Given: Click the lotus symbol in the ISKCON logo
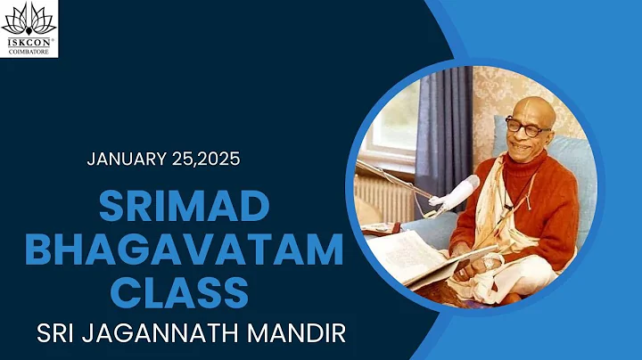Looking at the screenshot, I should tap(29, 19).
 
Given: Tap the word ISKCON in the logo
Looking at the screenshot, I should tap(29, 40).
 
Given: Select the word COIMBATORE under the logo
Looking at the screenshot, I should tap(29, 49).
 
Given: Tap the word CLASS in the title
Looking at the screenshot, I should tap(184, 291).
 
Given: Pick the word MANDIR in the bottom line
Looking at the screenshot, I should tap(297, 333).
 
